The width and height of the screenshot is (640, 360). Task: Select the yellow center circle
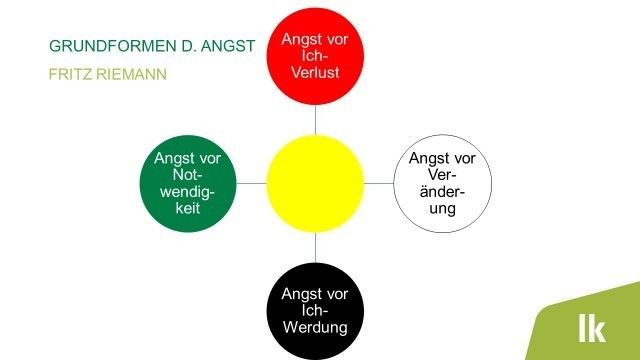click(315, 184)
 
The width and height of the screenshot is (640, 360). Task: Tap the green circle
click(188, 184)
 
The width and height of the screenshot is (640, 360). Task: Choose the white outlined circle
click(443, 184)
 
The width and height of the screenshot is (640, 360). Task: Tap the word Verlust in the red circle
click(315, 74)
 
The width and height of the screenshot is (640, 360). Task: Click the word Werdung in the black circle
click(315, 327)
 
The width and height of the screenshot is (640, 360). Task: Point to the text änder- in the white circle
click(443, 192)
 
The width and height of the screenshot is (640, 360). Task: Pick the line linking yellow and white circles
click(379, 184)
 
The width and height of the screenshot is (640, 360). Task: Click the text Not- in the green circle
click(188, 175)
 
